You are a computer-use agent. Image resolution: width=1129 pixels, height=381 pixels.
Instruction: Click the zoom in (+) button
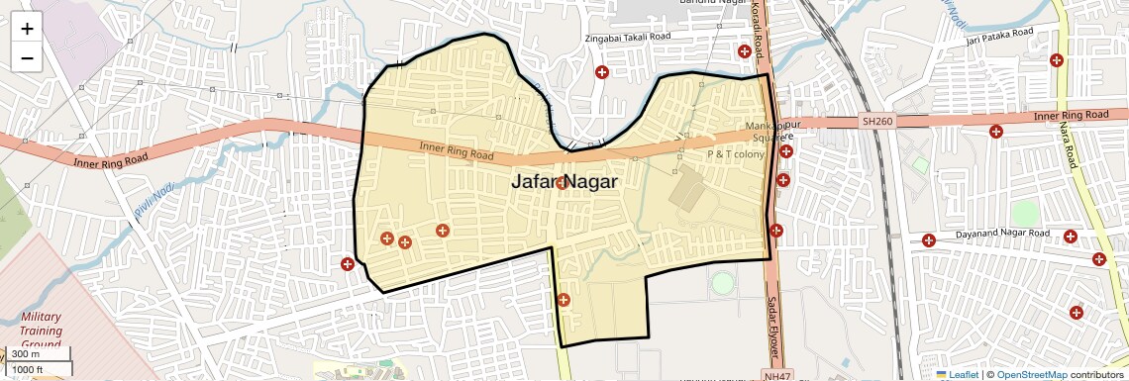pos(27,29)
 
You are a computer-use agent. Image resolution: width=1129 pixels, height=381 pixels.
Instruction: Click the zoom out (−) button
pos(27,57)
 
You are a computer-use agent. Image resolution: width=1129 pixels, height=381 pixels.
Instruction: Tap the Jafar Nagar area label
pos(564,182)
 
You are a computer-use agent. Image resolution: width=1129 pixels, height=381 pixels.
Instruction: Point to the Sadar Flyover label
pos(770,326)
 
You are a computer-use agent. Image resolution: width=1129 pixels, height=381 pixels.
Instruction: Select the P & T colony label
pos(734,155)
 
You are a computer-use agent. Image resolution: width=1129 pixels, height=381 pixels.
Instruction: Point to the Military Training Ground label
pos(42,331)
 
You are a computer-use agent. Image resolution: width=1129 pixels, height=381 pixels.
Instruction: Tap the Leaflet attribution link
pos(957,374)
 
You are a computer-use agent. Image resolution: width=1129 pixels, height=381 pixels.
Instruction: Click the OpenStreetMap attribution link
pos(1031,374)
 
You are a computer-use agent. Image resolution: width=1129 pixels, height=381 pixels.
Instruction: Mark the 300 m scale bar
pos(39,354)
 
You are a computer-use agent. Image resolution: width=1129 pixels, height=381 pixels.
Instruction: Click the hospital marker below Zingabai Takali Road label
pos(601,71)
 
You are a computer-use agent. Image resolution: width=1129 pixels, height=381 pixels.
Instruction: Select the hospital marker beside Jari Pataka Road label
pos(1057,60)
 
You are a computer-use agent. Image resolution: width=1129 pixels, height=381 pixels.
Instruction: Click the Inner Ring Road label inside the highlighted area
pos(456,150)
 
